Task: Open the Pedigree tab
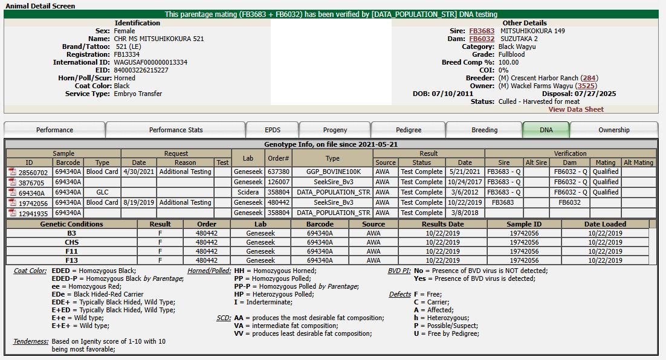[x=409, y=130]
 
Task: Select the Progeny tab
[x=335, y=130]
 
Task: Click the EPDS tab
[x=273, y=130]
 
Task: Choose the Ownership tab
[x=613, y=130]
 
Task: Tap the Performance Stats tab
[x=176, y=130]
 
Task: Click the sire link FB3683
[x=482, y=31]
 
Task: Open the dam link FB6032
[x=482, y=39]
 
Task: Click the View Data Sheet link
[x=576, y=109]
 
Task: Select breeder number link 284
[x=589, y=78]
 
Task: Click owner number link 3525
[x=586, y=86]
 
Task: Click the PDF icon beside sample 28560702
[x=12, y=172]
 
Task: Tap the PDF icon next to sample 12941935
[x=12, y=213]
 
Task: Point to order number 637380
[x=279, y=172]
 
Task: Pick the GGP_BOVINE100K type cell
[x=332, y=172]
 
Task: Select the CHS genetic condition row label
[x=72, y=242]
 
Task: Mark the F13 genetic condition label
[x=72, y=260]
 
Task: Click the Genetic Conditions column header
[x=72, y=224]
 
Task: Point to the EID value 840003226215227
[x=141, y=70]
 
